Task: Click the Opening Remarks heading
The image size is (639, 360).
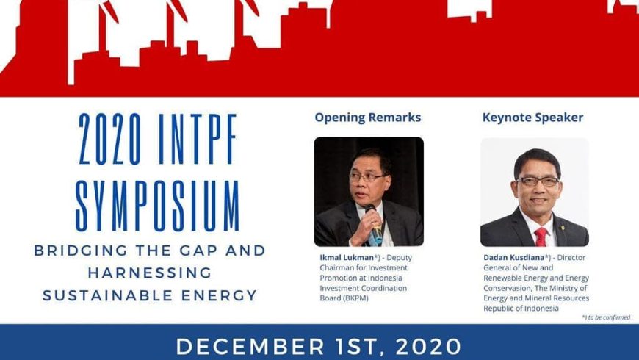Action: (367, 118)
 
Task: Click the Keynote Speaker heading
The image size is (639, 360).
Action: (532, 118)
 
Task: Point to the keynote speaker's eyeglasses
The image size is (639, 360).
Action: (538, 181)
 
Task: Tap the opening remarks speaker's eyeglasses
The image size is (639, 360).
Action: (368, 177)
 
